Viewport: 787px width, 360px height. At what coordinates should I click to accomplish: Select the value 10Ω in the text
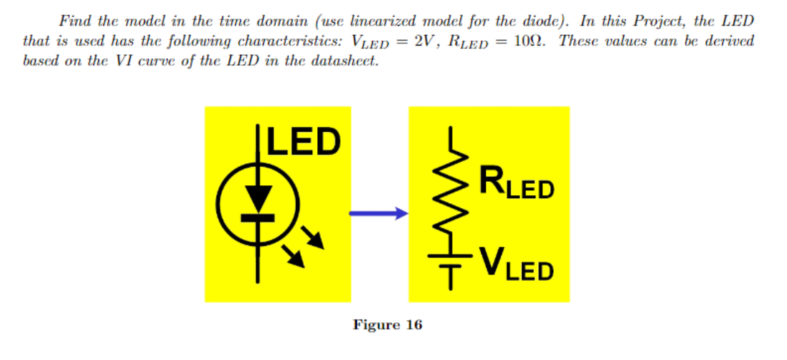point(531,41)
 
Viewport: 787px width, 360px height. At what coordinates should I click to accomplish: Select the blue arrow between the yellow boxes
point(379,212)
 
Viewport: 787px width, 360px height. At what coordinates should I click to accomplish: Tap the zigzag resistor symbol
point(451,195)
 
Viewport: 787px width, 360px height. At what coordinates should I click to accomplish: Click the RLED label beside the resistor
point(516,182)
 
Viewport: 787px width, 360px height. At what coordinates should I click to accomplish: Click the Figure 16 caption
point(388,325)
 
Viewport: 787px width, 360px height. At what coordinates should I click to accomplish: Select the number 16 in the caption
point(413,325)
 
